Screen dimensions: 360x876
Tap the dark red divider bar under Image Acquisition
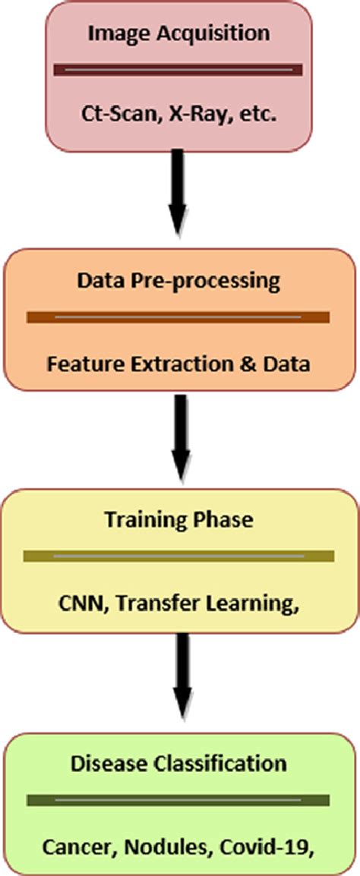(x=178, y=70)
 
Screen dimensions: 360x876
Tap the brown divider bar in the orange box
(x=178, y=317)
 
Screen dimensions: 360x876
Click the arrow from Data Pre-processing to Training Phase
(x=180, y=437)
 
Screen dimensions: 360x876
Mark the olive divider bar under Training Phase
(x=179, y=556)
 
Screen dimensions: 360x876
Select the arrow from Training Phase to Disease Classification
(x=181, y=677)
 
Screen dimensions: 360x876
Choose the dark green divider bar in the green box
(x=178, y=800)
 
